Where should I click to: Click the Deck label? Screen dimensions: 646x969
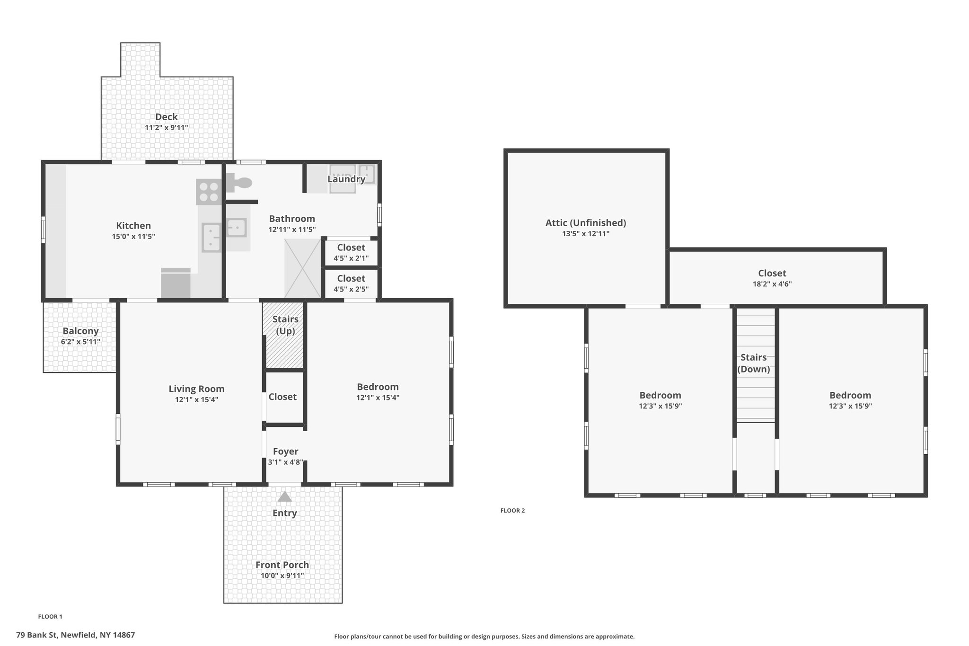pos(167,117)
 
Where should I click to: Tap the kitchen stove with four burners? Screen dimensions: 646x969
pos(209,192)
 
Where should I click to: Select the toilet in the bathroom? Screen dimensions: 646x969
pos(240,183)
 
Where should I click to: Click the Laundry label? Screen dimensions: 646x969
pos(346,179)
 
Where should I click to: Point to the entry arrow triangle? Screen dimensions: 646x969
pos(284,496)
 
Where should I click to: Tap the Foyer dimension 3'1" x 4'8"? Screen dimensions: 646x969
pos(285,462)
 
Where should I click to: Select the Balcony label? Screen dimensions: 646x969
pos(80,331)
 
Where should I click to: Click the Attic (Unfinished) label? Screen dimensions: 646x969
pos(586,222)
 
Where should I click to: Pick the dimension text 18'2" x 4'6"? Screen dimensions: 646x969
pos(772,284)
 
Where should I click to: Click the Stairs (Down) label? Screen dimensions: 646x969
pos(754,363)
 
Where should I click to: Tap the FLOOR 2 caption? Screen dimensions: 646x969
pos(512,510)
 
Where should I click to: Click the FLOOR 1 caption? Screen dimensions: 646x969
pos(50,616)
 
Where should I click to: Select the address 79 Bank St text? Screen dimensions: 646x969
pos(75,635)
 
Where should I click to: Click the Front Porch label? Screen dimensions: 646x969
pos(282,565)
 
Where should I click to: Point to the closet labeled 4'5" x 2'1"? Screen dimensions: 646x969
pos(351,253)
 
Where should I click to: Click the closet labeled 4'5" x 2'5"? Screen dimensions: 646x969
pos(351,283)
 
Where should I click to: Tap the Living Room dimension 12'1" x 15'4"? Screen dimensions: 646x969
pos(196,399)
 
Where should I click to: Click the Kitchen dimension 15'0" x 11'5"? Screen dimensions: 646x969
pos(133,236)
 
